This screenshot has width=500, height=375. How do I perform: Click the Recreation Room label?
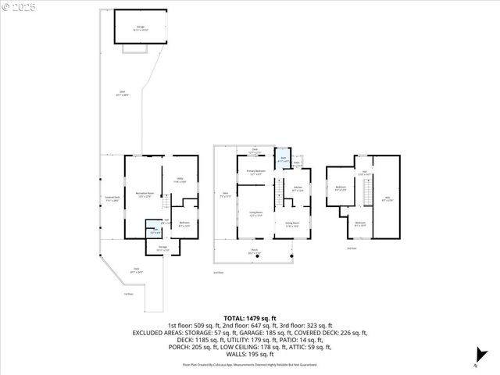coord(142,193)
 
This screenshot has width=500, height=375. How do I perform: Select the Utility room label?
coord(180,180)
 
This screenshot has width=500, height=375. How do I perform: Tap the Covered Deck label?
coord(112,198)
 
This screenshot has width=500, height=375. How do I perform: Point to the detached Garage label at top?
coord(141,28)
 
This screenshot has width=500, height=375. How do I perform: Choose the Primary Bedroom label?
coord(255,172)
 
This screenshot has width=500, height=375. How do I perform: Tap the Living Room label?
coord(255,213)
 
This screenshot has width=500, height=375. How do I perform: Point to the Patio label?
coord(298,163)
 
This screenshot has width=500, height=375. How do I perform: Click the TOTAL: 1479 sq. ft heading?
coord(249,318)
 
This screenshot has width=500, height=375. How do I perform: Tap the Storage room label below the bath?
coord(163,248)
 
